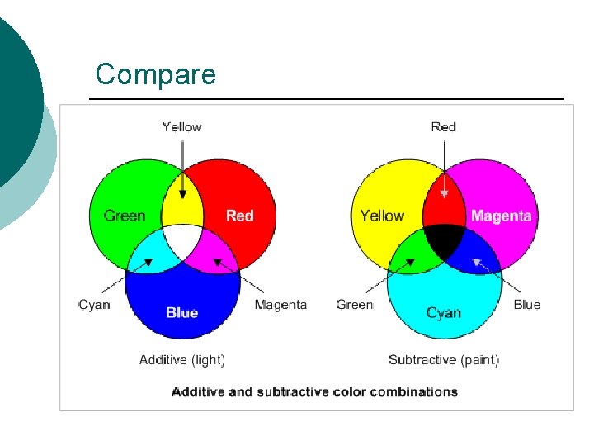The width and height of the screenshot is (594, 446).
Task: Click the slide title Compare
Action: (155, 74)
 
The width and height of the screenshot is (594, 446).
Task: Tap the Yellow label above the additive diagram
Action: (181, 126)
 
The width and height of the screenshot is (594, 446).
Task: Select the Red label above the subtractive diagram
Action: (443, 126)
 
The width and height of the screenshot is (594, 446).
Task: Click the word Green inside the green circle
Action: (125, 216)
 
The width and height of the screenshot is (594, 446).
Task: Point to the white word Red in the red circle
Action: (239, 216)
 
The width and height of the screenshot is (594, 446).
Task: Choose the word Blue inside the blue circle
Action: (181, 312)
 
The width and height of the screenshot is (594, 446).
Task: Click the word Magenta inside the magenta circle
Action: (501, 216)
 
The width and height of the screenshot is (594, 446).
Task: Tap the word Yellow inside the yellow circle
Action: (382, 216)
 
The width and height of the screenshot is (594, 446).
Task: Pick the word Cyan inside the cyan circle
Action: (443, 312)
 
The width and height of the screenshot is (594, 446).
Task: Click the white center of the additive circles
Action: (182, 241)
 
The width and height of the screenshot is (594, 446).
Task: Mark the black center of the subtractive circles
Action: (445, 241)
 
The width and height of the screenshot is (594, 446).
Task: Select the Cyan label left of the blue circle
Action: (94, 305)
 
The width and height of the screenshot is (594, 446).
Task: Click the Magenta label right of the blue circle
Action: (280, 305)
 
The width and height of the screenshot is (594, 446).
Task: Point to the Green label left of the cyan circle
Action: (354, 305)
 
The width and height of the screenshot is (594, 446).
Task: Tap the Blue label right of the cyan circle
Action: (526, 305)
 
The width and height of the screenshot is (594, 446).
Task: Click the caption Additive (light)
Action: (181, 359)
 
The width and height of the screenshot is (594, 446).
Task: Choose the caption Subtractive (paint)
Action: (443, 359)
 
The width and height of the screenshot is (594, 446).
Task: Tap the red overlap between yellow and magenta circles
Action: (444, 206)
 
